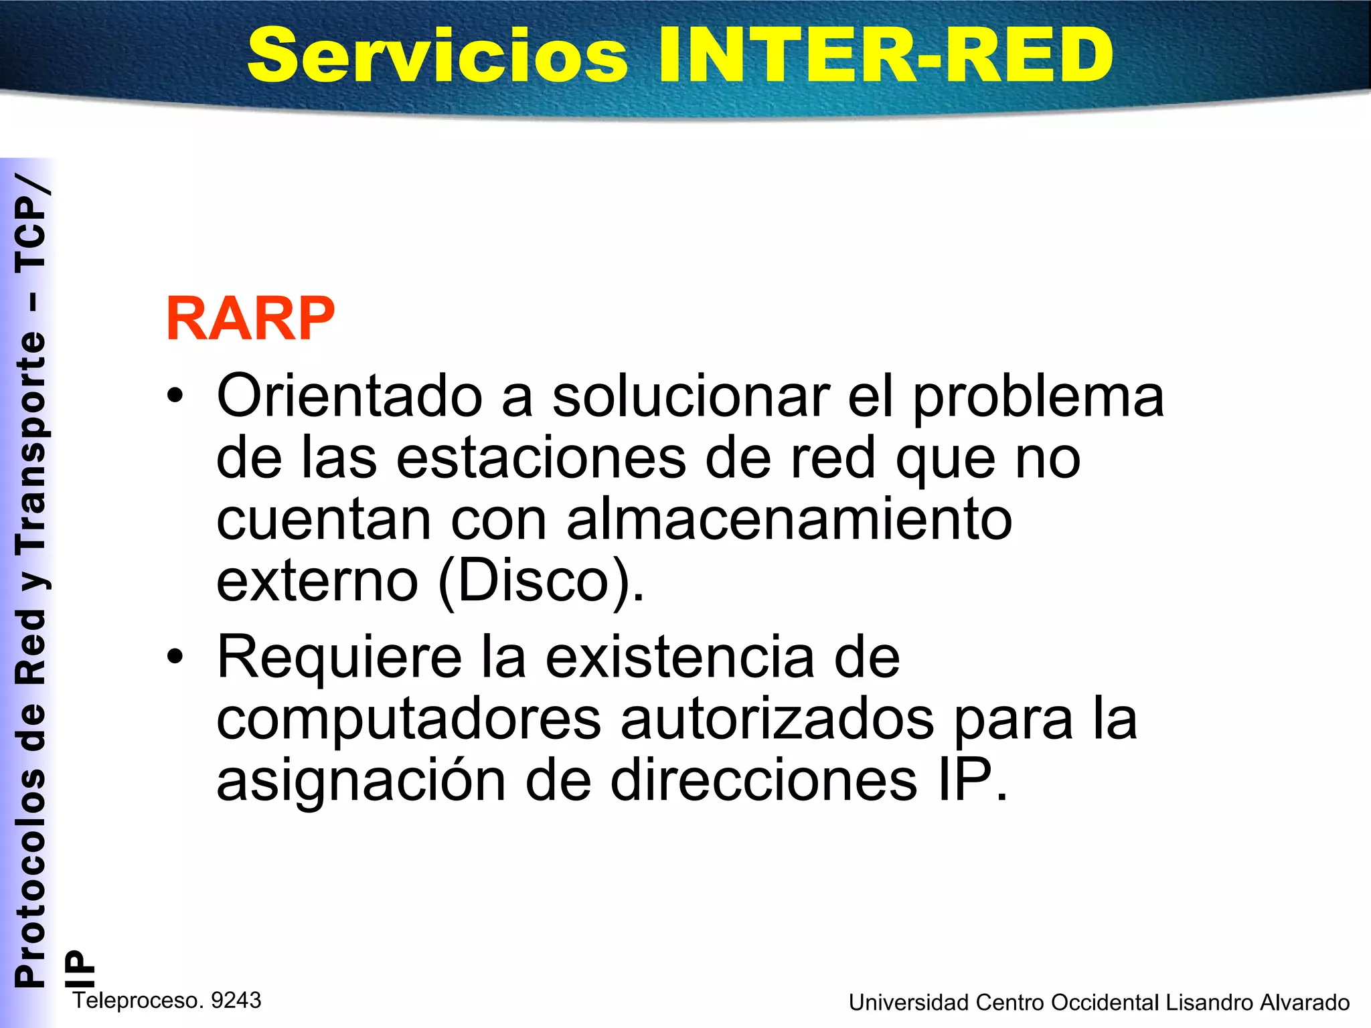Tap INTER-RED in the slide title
[885, 56]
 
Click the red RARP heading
[250, 319]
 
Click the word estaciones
[541, 458]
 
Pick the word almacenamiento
[789, 520]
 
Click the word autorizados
[777, 720]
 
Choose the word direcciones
[763, 781]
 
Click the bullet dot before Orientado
[175, 396]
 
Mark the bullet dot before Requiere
[175, 657]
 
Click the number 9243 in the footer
[236, 1001]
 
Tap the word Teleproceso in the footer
[138, 1001]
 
